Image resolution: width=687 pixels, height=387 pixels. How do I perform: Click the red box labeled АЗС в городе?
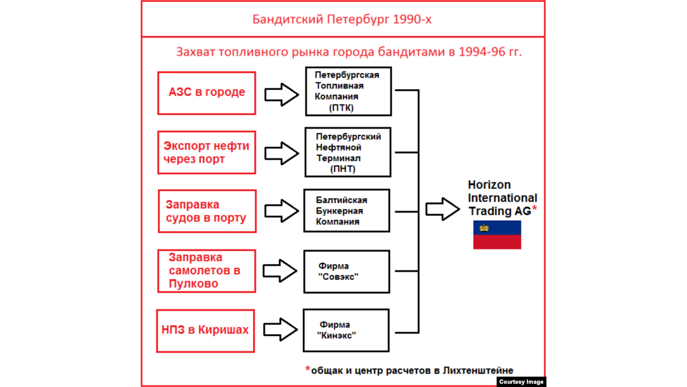pyautogui.click(x=207, y=93)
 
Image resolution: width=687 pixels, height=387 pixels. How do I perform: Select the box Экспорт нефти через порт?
pyautogui.click(x=207, y=152)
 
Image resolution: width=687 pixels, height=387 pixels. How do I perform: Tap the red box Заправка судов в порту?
pyautogui.click(x=207, y=211)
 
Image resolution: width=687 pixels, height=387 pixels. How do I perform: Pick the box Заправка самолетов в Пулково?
pyautogui.click(x=207, y=271)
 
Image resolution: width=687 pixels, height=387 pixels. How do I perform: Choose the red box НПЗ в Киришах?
pyautogui.click(x=205, y=330)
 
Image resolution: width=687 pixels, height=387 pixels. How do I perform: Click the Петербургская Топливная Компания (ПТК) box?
pyautogui.click(x=348, y=92)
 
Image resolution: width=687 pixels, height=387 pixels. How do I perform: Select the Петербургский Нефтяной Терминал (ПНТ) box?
pyautogui.click(x=348, y=152)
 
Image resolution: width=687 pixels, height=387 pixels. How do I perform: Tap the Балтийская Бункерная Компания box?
pyautogui.click(x=347, y=211)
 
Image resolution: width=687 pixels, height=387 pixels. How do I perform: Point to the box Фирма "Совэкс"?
pyautogui.click(x=347, y=271)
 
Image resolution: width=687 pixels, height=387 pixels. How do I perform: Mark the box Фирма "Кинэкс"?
pyautogui.click(x=346, y=330)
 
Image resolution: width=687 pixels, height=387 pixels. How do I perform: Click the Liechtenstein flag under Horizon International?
pyautogui.click(x=497, y=235)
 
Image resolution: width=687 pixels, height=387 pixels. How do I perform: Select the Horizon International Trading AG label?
pyautogui.click(x=502, y=197)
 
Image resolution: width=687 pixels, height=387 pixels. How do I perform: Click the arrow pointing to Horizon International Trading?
pyautogui.click(x=442, y=209)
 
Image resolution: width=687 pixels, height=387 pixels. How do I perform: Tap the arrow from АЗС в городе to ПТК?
pyautogui.click(x=281, y=94)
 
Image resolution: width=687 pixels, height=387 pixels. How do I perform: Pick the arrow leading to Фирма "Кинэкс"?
pyautogui.click(x=280, y=330)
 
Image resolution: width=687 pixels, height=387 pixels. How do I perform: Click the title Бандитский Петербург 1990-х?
pyautogui.click(x=342, y=19)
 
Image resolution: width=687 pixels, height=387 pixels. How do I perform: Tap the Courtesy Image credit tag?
pyautogui.click(x=521, y=382)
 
